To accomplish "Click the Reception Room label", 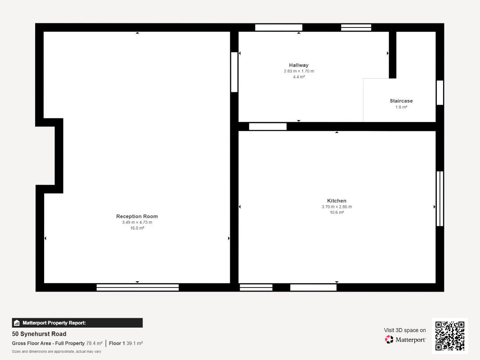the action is [137, 216].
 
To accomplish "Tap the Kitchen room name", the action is [336, 201].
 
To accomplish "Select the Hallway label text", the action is [299, 65].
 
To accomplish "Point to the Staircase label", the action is [401, 101].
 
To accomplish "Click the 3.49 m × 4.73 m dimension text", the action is [137, 222].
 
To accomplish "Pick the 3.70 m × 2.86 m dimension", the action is [336, 207].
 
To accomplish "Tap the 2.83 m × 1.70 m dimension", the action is [299, 71].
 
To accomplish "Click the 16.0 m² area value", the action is [137, 228].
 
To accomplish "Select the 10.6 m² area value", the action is [336, 212].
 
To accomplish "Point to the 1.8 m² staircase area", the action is [401, 107].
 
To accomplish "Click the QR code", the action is [450, 336].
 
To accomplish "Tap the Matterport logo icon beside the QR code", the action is [389, 339].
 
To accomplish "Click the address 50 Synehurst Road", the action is [39, 333].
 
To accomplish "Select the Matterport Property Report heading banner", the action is [77, 323].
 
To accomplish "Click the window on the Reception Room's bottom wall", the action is [138, 288].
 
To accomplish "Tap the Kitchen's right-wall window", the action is [440, 198].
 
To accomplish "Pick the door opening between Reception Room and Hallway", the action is [234, 72].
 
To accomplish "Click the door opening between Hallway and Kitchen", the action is [268, 126].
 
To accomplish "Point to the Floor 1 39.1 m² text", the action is [126, 343].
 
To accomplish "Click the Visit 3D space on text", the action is [405, 330].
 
